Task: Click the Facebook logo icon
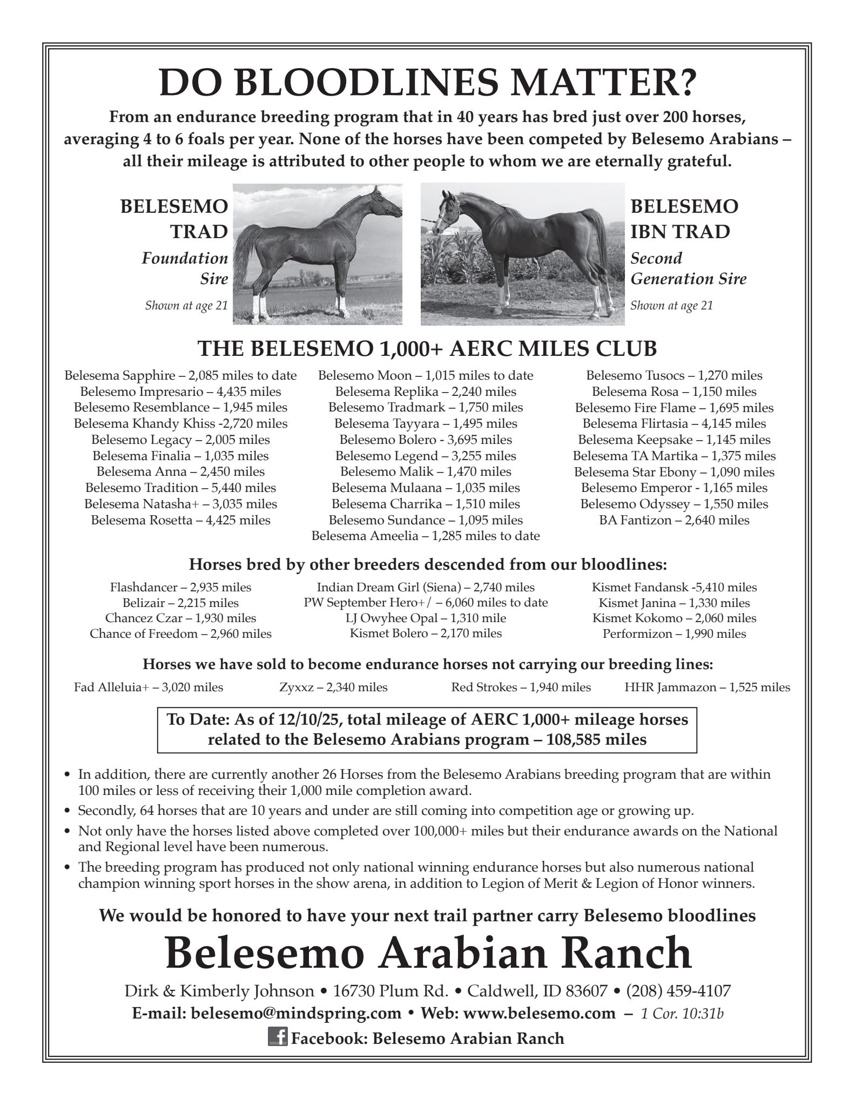[x=277, y=1037]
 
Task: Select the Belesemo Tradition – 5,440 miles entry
[x=180, y=488]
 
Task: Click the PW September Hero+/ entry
[x=426, y=603]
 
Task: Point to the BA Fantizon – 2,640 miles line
[x=674, y=521]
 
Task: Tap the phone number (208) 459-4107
[x=678, y=992]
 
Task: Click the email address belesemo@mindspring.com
[x=296, y=1014]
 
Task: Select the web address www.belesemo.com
[x=539, y=1014]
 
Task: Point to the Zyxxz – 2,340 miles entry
[x=333, y=687]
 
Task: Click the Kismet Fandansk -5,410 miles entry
[x=674, y=587]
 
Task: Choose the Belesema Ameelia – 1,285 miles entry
[x=426, y=536]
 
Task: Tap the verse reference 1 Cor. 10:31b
[x=682, y=1014]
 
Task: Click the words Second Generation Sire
[x=688, y=269]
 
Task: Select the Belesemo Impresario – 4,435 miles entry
[x=180, y=392]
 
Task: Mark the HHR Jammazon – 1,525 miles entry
[x=707, y=687]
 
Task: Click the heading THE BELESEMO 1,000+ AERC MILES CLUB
[x=427, y=349]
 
